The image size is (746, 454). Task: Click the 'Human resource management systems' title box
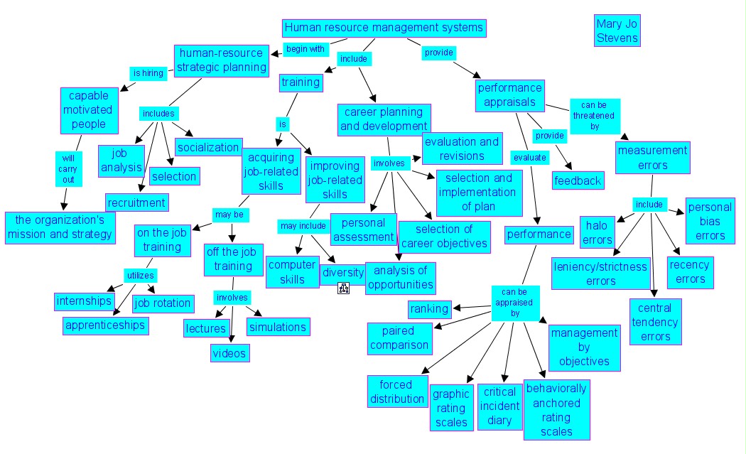[x=384, y=28]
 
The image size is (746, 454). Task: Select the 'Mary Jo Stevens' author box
[x=617, y=31]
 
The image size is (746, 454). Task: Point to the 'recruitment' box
[x=136, y=202]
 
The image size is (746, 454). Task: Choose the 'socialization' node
[x=208, y=148]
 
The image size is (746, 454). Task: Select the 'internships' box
[x=85, y=301]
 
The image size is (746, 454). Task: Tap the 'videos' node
[x=229, y=352]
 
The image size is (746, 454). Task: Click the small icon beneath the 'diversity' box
[x=344, y=288]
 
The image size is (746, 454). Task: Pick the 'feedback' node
[x=578, y=180]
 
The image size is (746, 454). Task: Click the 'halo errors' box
[x=598, y=232]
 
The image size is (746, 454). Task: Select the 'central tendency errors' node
[x=655, y=322]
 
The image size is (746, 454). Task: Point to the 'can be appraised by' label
[x=516, y=302]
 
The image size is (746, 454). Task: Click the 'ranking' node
[x=430, y=308]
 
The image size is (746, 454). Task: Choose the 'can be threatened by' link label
[x=595, y=115]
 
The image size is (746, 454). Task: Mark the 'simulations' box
[x=278, y=327]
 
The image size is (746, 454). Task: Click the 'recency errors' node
[x=690, y=272]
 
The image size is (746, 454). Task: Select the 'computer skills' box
[x=291, y=272]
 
